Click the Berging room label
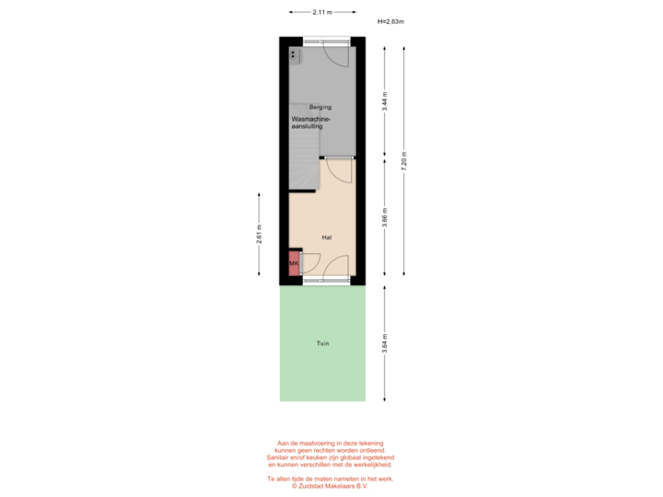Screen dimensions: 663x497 (x=320, y=107)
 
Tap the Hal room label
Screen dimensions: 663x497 (x=326, y=237)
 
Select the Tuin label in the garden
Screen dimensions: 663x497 (x=322, y=343)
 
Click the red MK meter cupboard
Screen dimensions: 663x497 (x=294, y=263)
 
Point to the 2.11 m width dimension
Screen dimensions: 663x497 (x=322, y=12)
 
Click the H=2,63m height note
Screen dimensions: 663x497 (x=390, y=21)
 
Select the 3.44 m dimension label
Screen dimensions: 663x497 (x=384, y=101)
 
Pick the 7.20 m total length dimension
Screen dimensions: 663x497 (x=404, y=161)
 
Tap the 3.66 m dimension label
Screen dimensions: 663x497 (x=384, y=217)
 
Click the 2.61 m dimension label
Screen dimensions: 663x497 (x=259, y=234)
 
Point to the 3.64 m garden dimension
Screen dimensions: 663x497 (x=384, y=343)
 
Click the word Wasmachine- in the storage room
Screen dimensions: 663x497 (x=311, y=119)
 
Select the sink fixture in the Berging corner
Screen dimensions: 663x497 (x=295, y=55)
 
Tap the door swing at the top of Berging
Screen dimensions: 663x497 (x=336, y=55)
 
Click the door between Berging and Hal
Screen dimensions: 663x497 (x=339, y=170)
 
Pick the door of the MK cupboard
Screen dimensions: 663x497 (x=309, y=263)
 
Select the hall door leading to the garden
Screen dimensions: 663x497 (x=336, y=268)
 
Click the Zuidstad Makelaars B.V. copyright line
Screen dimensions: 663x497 (x=330, y=486)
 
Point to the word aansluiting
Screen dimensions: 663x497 (x=307, y=126)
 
